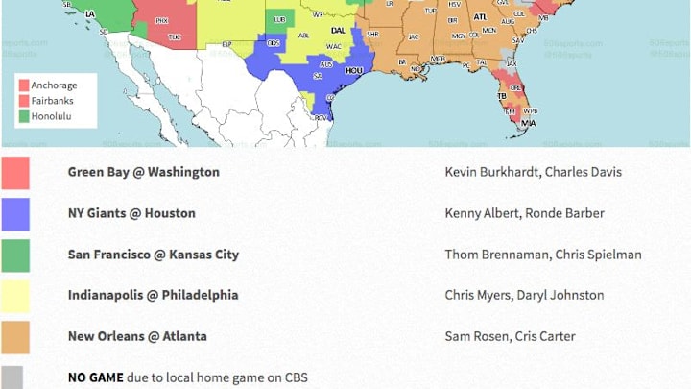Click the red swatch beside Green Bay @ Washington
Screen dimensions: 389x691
point(15,173)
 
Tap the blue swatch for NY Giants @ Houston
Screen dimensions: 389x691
point(15,214)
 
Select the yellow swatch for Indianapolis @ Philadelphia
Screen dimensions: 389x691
point(15,296)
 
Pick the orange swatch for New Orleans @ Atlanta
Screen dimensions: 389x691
point(15,337)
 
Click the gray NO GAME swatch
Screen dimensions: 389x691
point(15,377)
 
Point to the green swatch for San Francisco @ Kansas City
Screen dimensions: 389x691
point(15,255)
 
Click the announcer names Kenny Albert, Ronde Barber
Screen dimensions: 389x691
point(523,213)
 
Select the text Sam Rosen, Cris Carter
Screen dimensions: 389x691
point(510,336)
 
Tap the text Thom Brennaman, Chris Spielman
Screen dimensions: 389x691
point(542,255)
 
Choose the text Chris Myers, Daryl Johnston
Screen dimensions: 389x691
point(524,295)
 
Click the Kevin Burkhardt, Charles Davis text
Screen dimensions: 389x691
point(533,172)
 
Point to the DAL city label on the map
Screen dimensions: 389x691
point(339,28)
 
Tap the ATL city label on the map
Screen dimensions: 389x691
point(479,17)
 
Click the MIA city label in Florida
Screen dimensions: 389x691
point(528,123)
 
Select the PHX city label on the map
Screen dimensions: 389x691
point(161,20)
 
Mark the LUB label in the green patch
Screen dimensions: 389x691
point(279,19)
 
